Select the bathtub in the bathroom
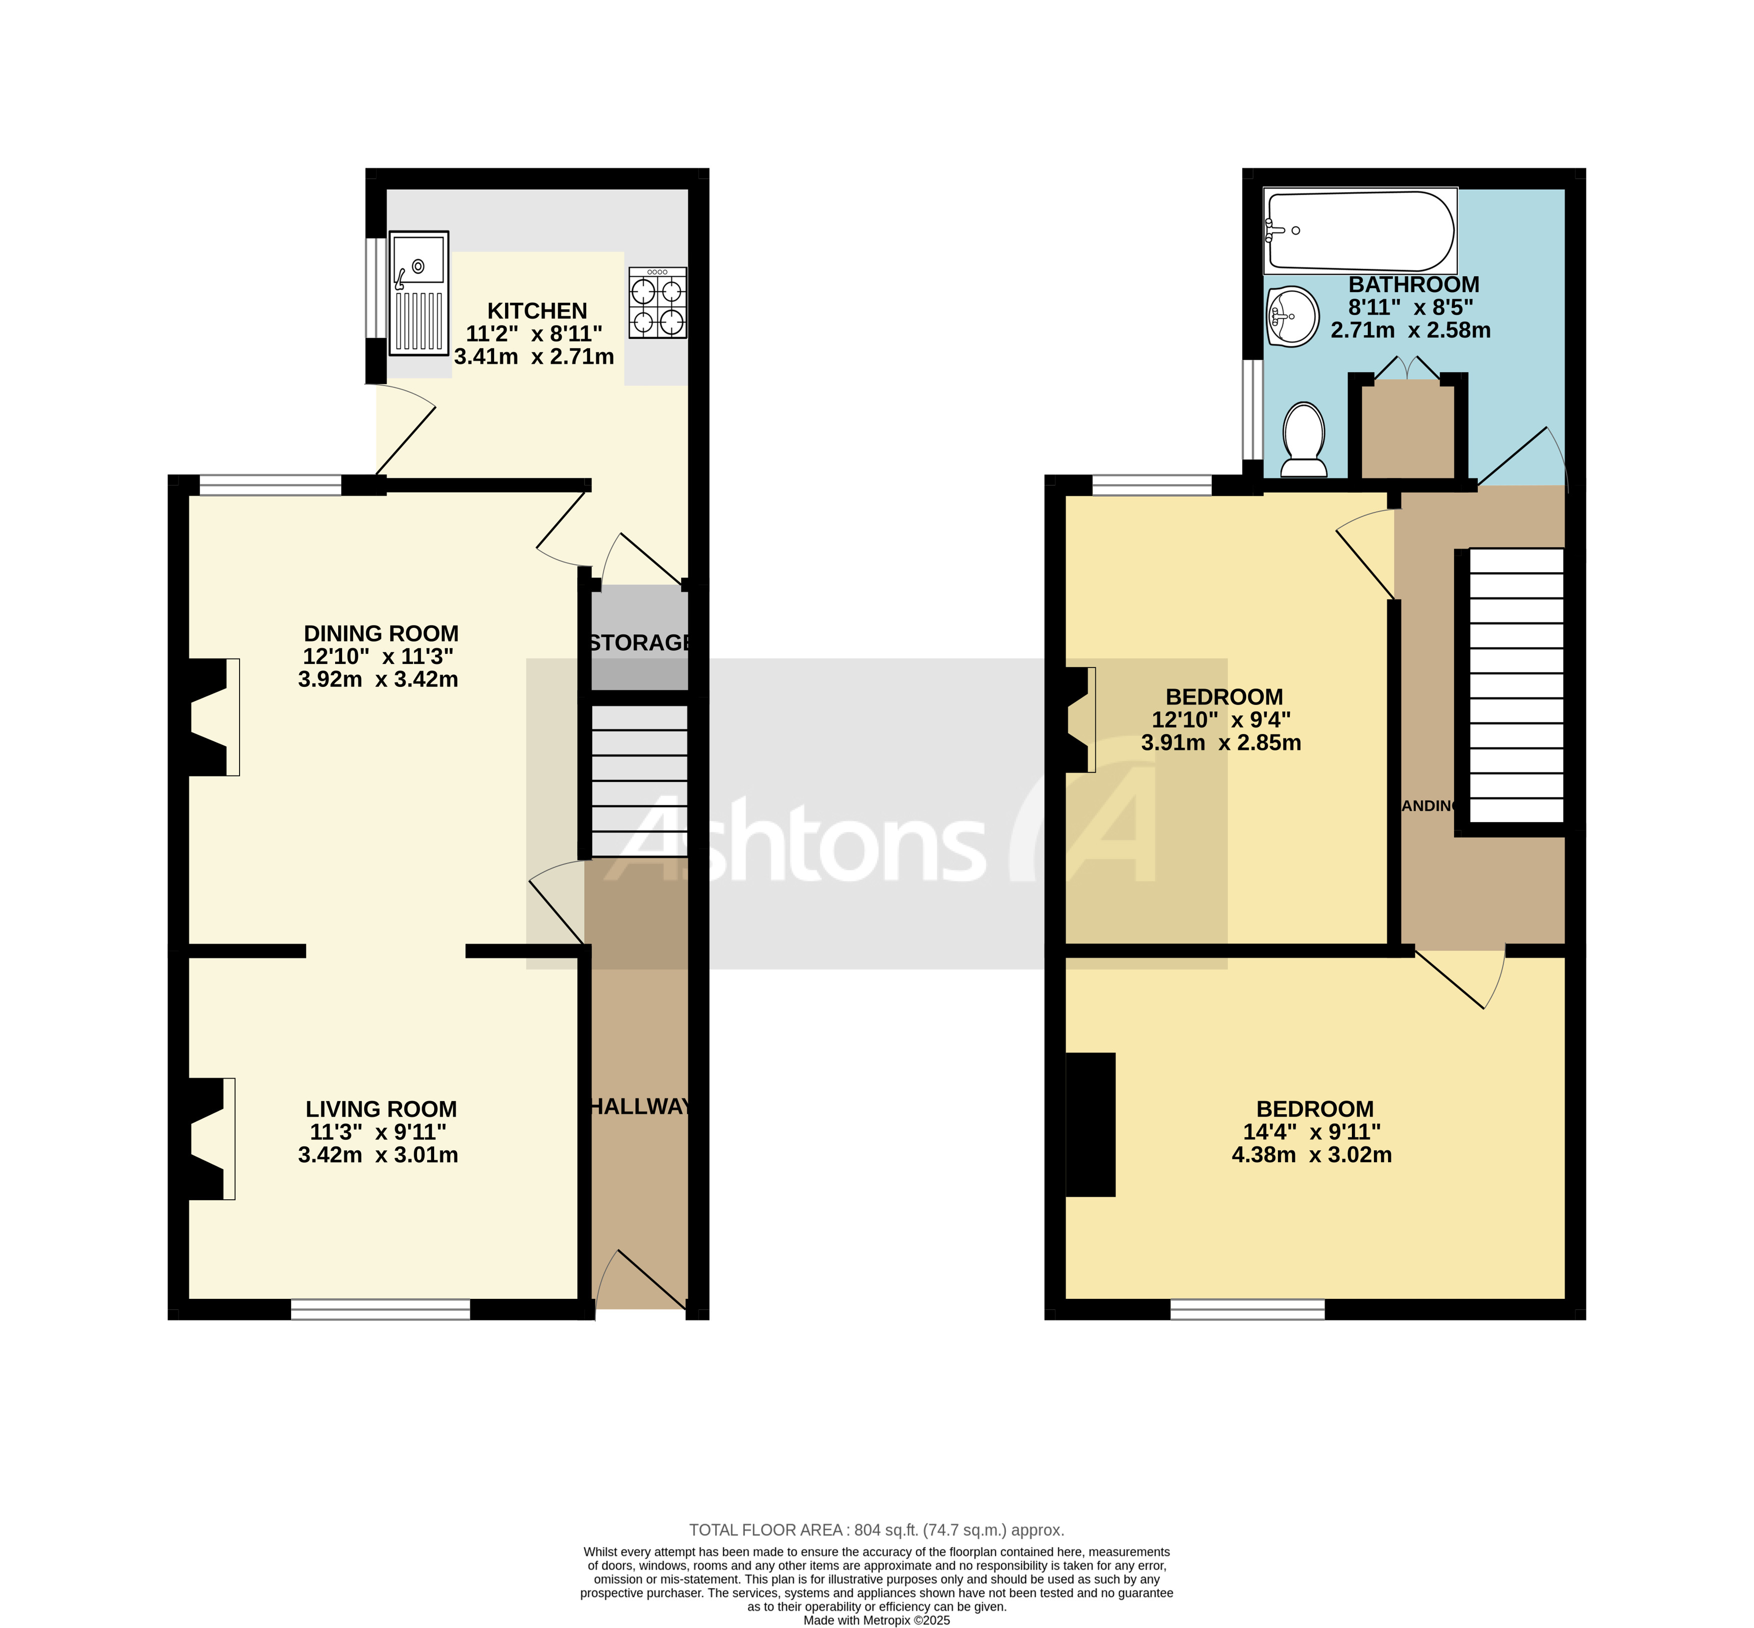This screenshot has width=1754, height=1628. (x=1359, y=231)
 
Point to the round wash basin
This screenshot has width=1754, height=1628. (x=1292, y=315)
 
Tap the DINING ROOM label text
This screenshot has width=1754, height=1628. (x=381, y=633)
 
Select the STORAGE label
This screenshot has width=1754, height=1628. (x=639, y=643)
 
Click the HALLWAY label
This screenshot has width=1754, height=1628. (x=639, y=1107)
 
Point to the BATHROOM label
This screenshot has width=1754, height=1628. (x=1413, y=285)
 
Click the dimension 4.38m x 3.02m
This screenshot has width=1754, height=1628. (x=1311, y=1155)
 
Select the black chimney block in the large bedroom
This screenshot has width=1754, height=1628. (x=1090, y=1125)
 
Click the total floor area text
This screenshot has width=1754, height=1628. (x=876, y=1530)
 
